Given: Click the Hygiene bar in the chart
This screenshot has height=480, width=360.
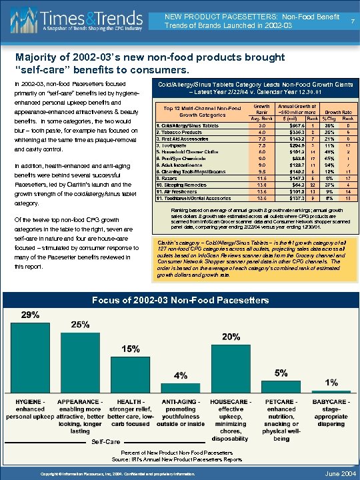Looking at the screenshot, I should click(30, 353).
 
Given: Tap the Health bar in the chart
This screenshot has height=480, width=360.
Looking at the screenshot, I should click(129, 371).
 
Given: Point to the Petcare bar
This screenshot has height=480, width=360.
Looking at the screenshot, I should click(281, 383).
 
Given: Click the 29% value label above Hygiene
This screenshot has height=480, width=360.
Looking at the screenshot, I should click(29, 314).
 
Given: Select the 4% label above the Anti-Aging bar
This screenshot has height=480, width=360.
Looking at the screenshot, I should click(180, 375).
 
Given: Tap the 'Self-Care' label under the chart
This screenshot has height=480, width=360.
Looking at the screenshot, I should click(106, 441).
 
